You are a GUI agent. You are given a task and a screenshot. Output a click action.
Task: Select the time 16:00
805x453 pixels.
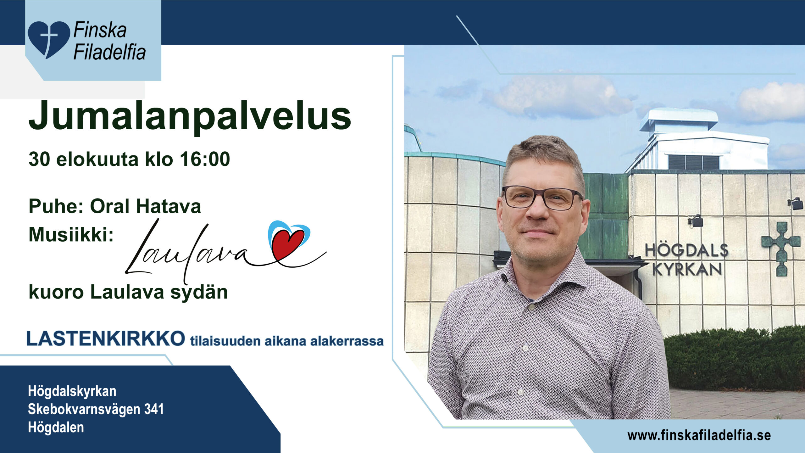(x=205, y=159)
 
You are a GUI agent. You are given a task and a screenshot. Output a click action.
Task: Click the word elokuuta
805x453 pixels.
(x=97, y=159)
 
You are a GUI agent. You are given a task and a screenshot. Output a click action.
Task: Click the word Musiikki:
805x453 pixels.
(x=71, y=235)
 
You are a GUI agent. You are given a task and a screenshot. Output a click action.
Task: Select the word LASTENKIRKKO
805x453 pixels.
(x=106, y=338)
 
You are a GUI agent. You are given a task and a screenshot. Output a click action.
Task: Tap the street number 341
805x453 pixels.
(x=154, y=409)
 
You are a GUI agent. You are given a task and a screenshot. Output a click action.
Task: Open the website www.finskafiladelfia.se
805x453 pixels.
(x=699, y=436)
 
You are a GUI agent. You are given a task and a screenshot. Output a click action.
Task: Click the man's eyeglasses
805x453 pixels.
(x=542, y=198)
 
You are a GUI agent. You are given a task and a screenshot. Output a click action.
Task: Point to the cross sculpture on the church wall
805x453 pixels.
(x=781, y=249)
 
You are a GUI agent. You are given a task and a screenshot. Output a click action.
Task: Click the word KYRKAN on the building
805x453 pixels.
(x=687, y=269)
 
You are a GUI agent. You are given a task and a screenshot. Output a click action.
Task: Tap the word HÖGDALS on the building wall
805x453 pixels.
(x=687, y=250)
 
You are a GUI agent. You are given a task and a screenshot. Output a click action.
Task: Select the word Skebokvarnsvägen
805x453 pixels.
(x=84, y=409)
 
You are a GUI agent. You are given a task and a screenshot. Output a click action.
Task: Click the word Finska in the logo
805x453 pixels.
(x=100, y=30)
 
